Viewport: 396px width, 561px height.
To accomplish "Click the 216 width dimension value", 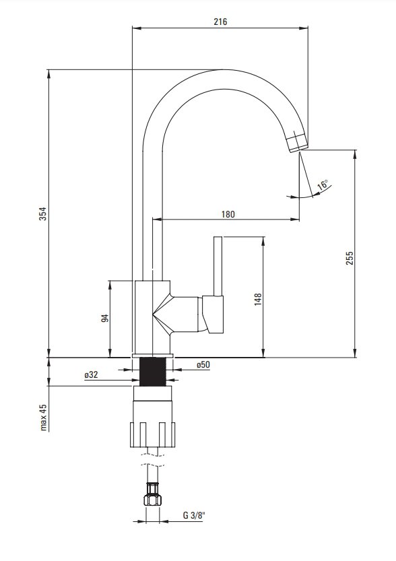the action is click(x=220, y=22).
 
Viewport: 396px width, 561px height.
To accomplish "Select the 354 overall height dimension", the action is click(x=42, y=213).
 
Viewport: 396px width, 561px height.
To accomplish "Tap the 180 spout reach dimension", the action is click(x=228, y=214).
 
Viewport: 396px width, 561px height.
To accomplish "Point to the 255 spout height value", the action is click(x=350, y=258).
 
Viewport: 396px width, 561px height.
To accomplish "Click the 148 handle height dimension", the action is click(x=257, y=299).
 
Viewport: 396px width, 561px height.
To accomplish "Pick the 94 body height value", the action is click(x=104, y=318).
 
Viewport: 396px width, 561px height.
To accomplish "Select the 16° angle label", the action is click(x=323, y=185).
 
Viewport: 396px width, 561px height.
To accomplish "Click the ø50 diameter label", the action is click(x=203, y=364).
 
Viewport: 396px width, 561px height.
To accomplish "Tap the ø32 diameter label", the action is click(x=91, y=374).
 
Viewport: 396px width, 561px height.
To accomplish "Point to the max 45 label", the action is click(x=43, y=417).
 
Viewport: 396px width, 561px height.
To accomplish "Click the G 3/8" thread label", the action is click(x=195, y=516).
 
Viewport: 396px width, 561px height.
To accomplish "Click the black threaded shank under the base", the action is click(x=153, y=371).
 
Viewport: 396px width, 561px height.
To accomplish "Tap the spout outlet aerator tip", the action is click(x=297, y=141).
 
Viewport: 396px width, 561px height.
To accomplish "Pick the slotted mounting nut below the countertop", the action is click(x=153, y=434).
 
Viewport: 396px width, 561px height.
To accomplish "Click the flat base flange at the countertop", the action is click(x=153, y=356).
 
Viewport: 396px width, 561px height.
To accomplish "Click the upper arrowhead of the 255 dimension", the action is click(x=355, y=154).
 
